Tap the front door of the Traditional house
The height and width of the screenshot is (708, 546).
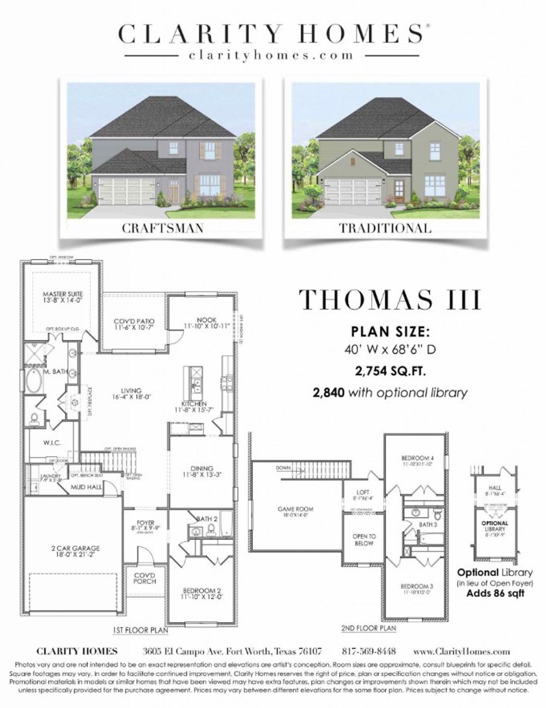(x=399, y=191)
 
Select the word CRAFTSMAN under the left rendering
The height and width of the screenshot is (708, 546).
(x=163, y=228)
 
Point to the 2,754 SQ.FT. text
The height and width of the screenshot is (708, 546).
(x=390, y=371)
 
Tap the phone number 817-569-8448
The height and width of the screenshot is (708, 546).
(x=369, y=651)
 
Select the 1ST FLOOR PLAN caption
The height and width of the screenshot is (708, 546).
(x=140, y=630)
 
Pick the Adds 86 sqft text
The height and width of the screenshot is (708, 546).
(x=495, y=593)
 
